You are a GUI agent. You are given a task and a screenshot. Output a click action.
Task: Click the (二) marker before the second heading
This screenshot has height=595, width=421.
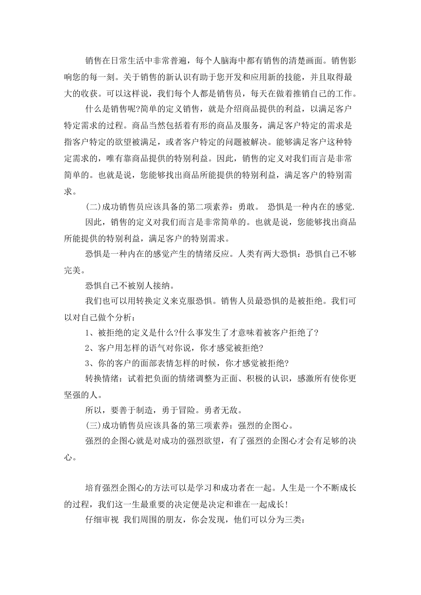[x=93, y=207]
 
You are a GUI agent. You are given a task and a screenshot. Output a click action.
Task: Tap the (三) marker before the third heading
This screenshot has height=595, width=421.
[x=93, y=426]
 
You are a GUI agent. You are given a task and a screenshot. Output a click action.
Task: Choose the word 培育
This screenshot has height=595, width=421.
[x=93, y=488]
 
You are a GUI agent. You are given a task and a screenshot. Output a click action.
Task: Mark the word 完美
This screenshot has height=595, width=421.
[x=72, y=270]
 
